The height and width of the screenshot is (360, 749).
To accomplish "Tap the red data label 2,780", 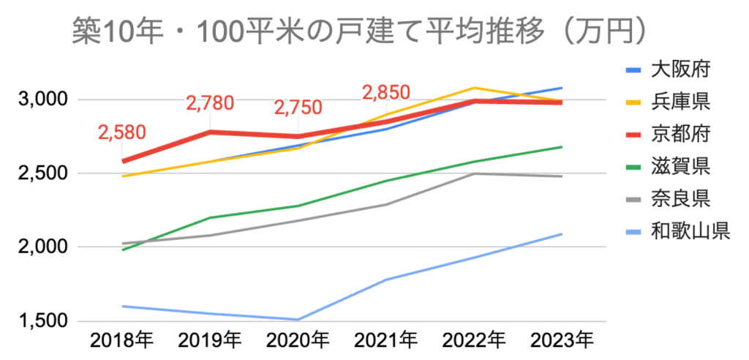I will [211, 104].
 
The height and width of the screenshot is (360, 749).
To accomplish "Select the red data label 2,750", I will [298, 108].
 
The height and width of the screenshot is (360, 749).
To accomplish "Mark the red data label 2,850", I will [385, 93].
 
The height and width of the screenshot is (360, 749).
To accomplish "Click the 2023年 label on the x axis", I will [562, 340].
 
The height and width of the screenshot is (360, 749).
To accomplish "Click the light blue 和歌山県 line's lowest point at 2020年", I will [298, 320].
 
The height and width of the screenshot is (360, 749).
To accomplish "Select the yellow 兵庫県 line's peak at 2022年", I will [474, 88].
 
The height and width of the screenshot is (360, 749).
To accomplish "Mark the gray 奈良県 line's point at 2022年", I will [474, 173].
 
